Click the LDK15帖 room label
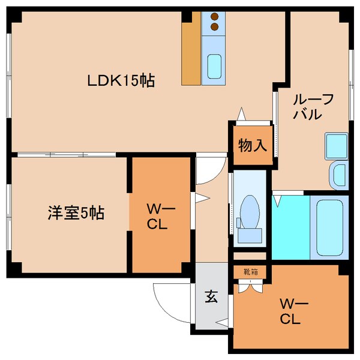[x=122, y=80]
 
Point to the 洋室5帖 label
[x=76, y=213]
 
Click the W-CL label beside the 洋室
[x=160, y=217]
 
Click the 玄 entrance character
[x=212, y=296]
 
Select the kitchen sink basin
[x=214, y=65]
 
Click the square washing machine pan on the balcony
[x=336, y=145]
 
